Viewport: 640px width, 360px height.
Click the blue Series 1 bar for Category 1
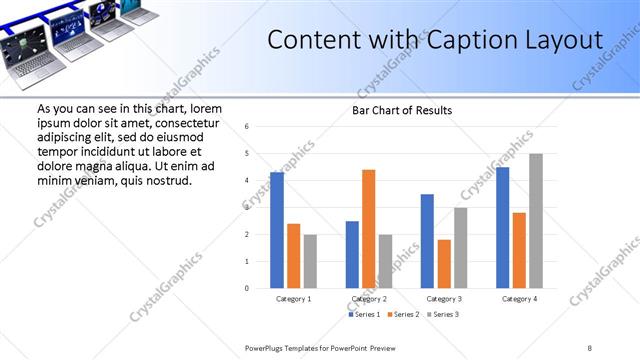point(277,230)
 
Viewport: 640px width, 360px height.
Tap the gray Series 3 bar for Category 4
point(536,221)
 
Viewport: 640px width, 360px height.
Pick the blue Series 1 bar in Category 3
point(427,241)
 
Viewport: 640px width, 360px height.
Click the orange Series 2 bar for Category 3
point(444,264)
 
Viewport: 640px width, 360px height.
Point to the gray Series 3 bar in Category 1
point(310,261)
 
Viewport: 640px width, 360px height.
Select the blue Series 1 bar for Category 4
point(502,227)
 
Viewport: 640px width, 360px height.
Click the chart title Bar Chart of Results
point(402,110)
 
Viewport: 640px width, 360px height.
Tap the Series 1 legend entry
point(366,314)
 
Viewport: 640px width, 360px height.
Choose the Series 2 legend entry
point(403,314)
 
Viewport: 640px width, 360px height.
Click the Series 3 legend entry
point(441,314)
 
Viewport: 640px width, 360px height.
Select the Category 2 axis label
point(368,299)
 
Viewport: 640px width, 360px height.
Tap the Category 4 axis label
point(519,299)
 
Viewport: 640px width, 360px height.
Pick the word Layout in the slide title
point(565,41)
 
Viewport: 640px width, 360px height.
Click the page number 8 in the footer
point(590,347)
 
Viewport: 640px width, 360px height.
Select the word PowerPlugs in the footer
point(267,347)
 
